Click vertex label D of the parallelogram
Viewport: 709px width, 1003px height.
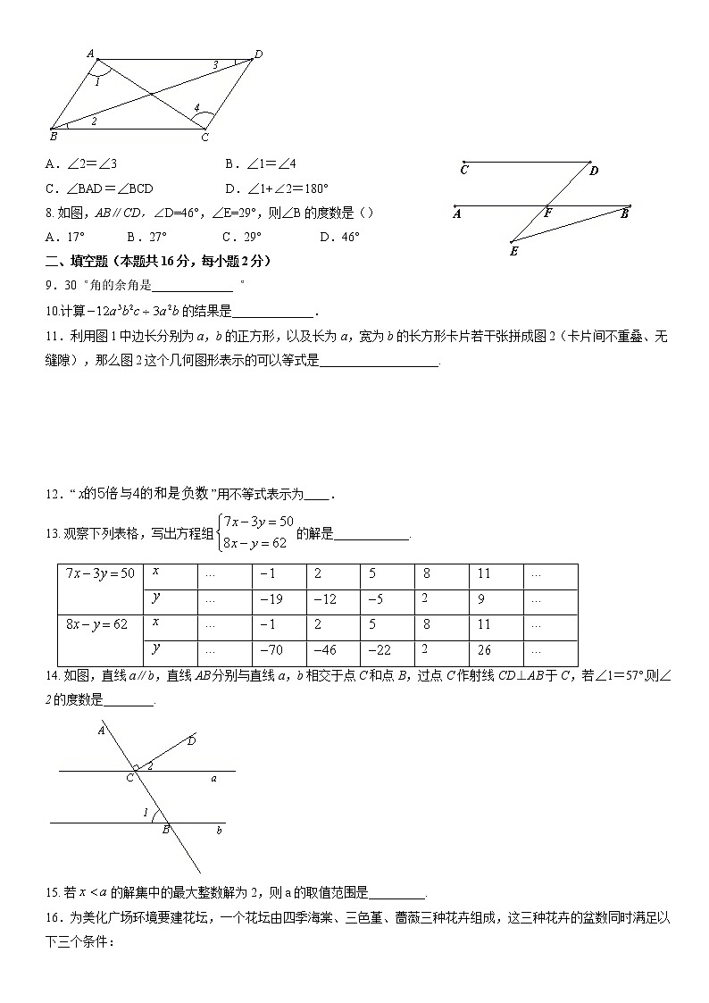tap(259, 54)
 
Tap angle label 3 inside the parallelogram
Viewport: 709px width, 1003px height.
tap(214, 65)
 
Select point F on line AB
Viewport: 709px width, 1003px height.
tap(547, 214)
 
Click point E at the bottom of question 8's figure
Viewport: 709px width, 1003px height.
tap(514, 252)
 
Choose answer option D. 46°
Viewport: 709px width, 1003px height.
tap(339, 237)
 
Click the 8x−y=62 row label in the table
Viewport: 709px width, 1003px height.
tap(96, 624)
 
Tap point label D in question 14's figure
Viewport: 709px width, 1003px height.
tap(192, 741)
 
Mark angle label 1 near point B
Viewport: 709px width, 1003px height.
tap(146, 812)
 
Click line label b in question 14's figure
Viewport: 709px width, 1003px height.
tap(220, 831)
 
